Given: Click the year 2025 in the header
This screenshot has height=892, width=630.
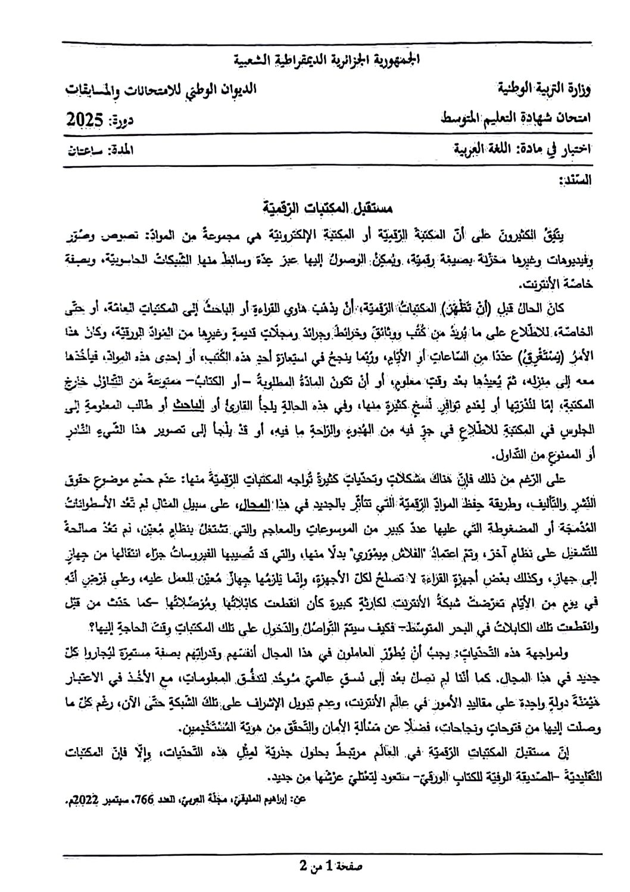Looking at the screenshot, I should (86, 120).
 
